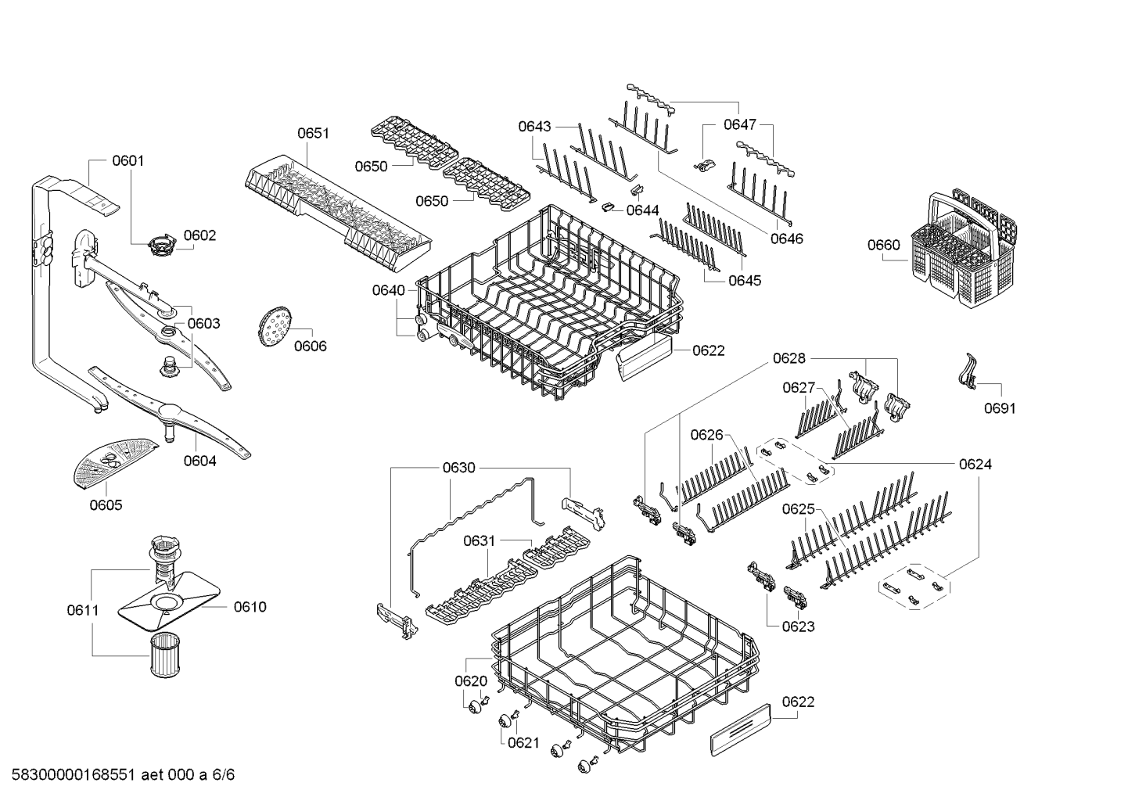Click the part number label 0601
click(128, 160)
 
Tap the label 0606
click(311, 346)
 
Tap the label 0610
click(250, 607)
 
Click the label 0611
click(83, 610)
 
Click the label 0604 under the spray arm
click(200, 461)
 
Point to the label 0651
click(313, 134)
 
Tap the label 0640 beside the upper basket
click(388, 290)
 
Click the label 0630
click(458, 468)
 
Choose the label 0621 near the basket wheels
click(524, 742)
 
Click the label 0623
click(798, 626)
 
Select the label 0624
click(975, 465)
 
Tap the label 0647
click(740, 124)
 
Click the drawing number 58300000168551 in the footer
click(74, 774)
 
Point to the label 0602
click(200, 235)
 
